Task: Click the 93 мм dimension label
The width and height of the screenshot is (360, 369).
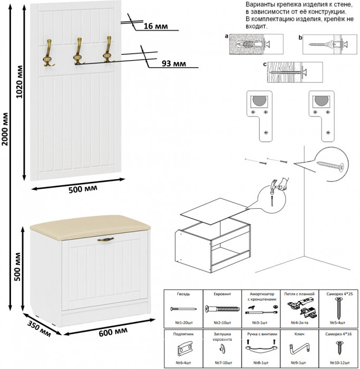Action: (173, 64)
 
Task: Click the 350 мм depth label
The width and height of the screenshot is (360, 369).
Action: (39, 328)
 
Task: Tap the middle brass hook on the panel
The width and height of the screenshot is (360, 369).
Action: (78, 52)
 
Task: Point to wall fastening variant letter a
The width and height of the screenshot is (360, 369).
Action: (226, 37)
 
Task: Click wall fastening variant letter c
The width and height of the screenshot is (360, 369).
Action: (264, 64)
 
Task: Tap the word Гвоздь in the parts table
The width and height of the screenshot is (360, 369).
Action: (184, 294)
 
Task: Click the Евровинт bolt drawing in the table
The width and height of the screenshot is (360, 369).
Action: (220, 309)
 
